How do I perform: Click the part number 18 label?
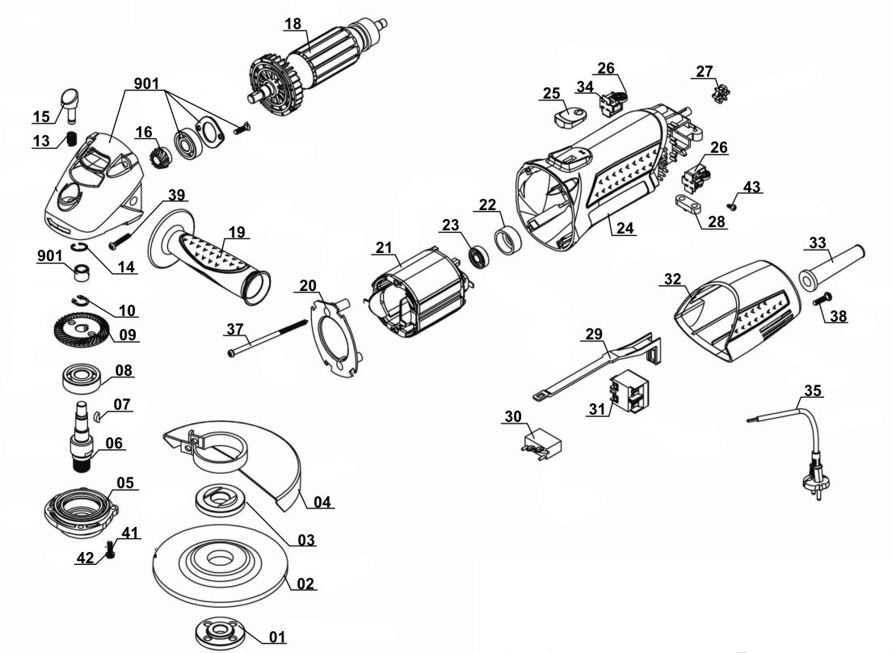pyautogui.click(x=292, y=23)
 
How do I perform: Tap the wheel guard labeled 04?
pyautogui.click(x=242, y=461)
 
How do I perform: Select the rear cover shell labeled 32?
pyautogui.click(x=731, y=311)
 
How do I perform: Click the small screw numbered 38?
pyautogui.click(x=822, y=301)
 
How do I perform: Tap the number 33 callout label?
pyautogui.click(x=818, y=242)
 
